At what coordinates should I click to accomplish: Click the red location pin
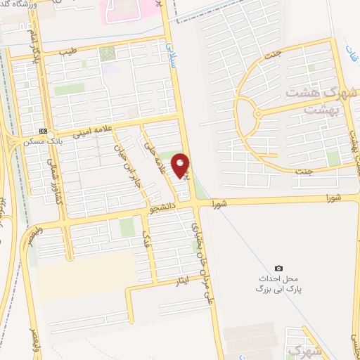(181, 166)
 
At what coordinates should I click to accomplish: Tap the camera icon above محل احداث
(279, 268)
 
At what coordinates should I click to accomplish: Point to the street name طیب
(66, 51)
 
